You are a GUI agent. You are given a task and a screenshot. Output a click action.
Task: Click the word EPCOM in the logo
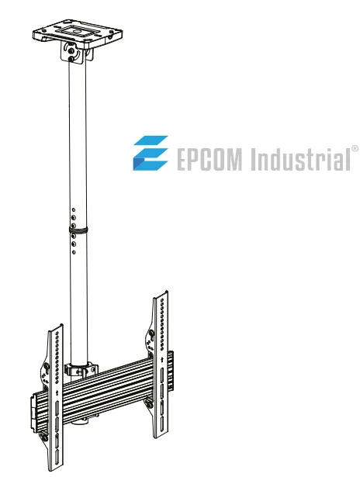209,159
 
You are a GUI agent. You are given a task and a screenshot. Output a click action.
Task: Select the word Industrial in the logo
300,158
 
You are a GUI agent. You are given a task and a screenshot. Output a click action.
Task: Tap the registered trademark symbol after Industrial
355,149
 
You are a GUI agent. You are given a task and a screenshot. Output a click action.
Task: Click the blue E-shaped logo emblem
151,153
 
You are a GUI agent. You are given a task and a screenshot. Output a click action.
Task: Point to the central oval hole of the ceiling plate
78,30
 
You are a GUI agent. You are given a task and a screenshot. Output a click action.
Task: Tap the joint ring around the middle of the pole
78,230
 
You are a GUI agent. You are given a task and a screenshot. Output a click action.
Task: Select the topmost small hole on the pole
74,210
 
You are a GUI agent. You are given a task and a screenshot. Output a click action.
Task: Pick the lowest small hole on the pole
74,252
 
